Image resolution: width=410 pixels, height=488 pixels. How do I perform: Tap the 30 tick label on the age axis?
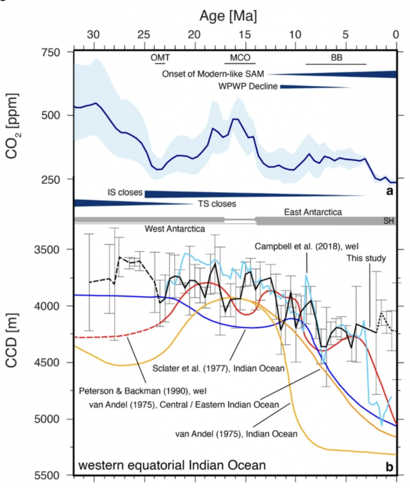tap(94, 35)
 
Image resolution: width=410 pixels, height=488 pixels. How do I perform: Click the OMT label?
tap(160, 58)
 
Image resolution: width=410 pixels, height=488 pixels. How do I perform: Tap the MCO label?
tap(240, 58)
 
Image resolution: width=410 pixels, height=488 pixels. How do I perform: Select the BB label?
tap(336, 58)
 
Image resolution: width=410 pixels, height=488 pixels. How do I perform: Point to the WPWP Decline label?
tap(248, 86)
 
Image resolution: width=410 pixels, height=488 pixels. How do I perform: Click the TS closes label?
tap(217, 203)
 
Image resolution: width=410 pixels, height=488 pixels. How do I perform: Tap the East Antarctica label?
tap(312, 212)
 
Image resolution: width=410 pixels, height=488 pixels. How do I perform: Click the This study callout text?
tap(366, 258)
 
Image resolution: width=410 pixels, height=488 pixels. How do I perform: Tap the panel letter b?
tap(389, 468)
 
